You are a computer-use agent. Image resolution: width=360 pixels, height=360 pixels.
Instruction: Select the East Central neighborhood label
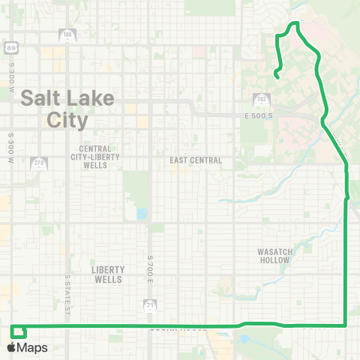[x=196, y=160]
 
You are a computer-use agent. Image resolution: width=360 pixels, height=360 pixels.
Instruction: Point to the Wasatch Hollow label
[x=274, y=255]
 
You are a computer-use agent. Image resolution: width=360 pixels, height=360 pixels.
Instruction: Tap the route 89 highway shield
[x=10, y=48]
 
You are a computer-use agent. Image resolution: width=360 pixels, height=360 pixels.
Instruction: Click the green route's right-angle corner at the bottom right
[x=344, y=325]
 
